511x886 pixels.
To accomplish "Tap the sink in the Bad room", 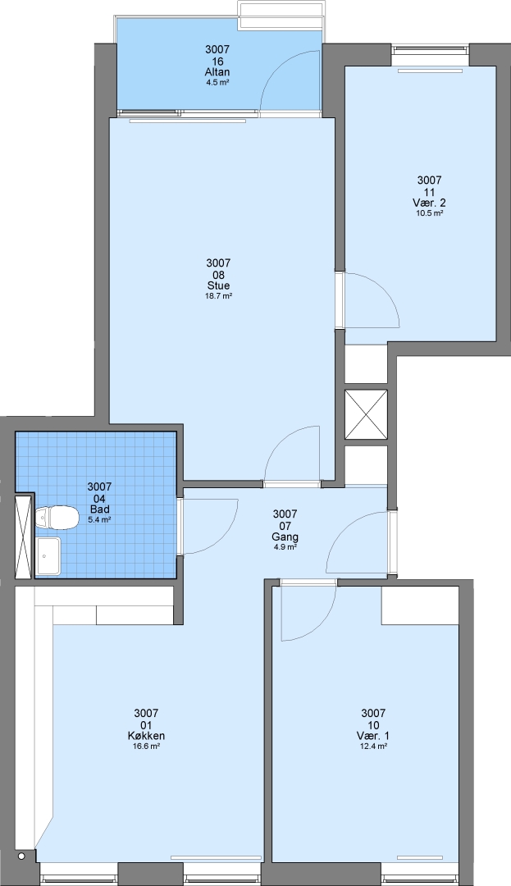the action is (x=48, y=556).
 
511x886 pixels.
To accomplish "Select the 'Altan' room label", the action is (x=217, y=72).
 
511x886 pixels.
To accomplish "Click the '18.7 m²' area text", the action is (x=218, y=295).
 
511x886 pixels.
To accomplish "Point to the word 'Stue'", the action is (x=218, y=285).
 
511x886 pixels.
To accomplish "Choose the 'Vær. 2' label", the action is (x=429, y=203).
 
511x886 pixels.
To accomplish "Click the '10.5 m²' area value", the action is (x=429, y=213).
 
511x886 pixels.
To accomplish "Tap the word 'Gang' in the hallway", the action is (x=285, y=537).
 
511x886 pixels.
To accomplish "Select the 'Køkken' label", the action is (x=146, y=736).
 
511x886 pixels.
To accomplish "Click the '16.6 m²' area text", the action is (x=146, y=746).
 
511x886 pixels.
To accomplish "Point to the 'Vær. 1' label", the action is (x=373, y=736).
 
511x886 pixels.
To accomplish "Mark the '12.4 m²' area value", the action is (x=373, y=746).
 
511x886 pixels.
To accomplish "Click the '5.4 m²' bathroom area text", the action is (x=99, y=520).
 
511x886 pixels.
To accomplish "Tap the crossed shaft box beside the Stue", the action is (x=366, y=414).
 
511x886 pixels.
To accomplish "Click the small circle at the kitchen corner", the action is (x=21, y=856).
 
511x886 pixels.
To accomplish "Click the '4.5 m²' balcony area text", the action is (x=217, y=83).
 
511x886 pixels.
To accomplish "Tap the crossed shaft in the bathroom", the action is (x=24, y=537).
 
